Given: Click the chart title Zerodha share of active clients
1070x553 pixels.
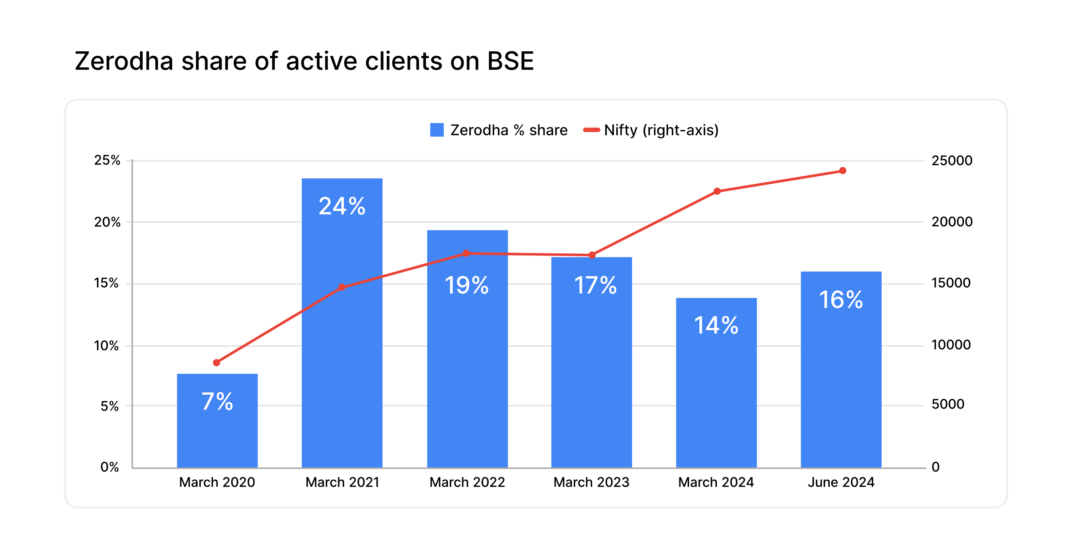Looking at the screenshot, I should point(304,61).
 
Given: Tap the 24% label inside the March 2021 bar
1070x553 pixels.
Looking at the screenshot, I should point(342,206).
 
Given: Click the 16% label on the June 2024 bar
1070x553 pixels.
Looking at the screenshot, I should point(841,300).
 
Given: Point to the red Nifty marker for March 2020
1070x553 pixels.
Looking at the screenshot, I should point(216,363).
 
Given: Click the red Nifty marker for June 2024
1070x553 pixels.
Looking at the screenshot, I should point(842,171).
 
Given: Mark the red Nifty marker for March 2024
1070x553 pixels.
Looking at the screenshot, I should point(717,191).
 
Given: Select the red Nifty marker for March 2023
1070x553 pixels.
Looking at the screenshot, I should point(592,255).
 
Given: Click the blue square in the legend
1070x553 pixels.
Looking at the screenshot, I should point(437,130).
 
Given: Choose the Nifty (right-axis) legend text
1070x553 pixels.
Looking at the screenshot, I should point(661,130).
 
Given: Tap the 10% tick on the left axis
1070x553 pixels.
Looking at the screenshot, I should point(106,345).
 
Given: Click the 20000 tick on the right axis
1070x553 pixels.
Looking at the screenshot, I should point(952,222).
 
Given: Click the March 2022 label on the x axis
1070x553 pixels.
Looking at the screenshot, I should point(467,482).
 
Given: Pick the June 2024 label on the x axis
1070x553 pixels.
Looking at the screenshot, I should point(841,482).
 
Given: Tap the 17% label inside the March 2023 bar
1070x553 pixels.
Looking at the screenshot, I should point(595,285).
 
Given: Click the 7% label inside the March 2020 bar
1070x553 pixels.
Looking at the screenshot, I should point(217,401).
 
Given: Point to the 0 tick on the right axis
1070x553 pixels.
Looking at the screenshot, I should point(935,467).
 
